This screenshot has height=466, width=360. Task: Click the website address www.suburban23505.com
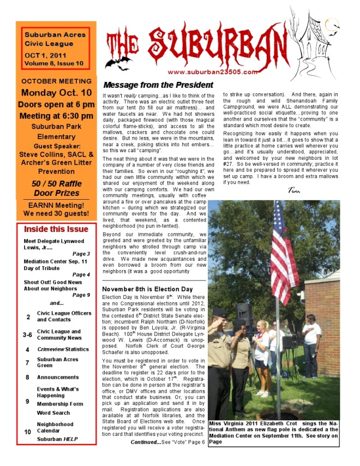click(x=212, y=71)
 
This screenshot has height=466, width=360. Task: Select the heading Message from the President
click(x=158, y=85)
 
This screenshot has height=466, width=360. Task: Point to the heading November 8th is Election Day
click(x=147, y=289)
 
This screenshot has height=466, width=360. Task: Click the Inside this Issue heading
click(x=56, y=229)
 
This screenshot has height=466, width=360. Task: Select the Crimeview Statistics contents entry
click(x=63, y=349)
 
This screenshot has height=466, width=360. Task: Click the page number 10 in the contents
click(x=28, y=432)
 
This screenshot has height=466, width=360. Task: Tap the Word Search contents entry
click(x=53, y=413)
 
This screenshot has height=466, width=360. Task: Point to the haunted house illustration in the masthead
click(x=316, y=38)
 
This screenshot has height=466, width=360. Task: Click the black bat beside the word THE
click(x=117, y=63)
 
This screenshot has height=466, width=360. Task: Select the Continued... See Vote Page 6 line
click(x=167, y=441)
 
